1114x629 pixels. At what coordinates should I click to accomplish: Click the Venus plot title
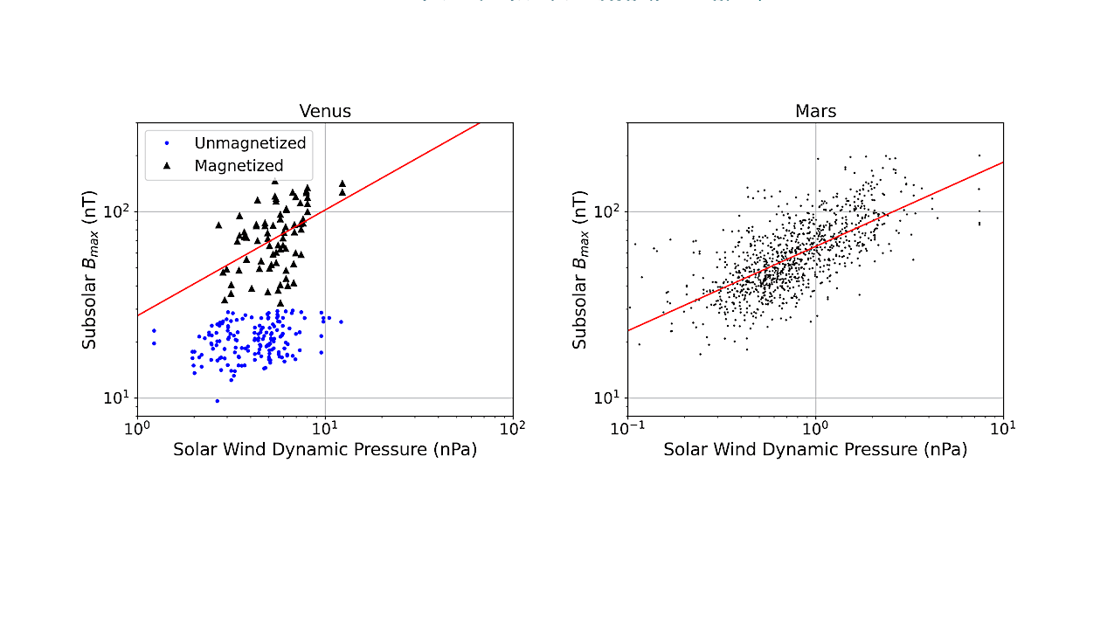325,111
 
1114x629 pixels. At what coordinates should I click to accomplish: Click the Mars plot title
815,111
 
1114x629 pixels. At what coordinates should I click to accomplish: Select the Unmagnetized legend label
250,142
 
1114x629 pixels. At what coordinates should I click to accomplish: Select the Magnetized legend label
239,165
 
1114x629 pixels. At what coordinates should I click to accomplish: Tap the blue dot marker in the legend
167,142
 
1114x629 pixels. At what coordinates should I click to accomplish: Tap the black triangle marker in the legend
167,165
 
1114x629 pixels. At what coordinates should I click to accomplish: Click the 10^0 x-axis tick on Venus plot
137,428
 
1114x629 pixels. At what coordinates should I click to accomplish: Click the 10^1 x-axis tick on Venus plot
325,428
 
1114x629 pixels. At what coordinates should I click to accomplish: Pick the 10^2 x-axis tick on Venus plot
513,428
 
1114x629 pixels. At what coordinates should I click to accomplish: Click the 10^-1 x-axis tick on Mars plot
627,428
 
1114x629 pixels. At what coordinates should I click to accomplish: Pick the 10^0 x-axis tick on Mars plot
815,428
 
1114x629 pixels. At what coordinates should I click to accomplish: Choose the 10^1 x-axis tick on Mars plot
1003,428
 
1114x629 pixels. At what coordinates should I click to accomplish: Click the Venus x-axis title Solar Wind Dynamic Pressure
325,450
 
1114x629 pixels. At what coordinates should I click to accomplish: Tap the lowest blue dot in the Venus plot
217,401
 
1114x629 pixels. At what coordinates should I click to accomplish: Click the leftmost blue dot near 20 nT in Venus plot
154,343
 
